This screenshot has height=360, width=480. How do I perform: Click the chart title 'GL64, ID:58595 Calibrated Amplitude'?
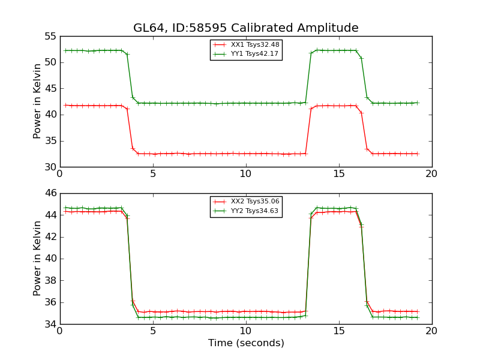pyautogui.click(x=246, y=28)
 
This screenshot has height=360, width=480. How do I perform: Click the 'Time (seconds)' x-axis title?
pyautogui.click(x=246, y=343)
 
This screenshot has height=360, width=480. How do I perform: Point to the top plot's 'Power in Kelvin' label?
pyautogui.click(x=38, y=101)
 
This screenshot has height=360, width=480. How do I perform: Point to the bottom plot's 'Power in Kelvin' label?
pyautogui.click(x=38, y=259)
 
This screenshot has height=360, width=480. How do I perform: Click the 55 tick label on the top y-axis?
pyautogui.click(x=50, y=36)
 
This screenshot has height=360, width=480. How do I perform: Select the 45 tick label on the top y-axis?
pyautogui.click(x=50, y=88)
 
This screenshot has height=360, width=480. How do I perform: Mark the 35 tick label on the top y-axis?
pyautogui.click(x=50, y=141)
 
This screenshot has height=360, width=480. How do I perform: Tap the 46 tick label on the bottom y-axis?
pyautogui.click(x=50, y=193)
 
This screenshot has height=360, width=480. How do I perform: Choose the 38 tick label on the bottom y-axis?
pyautogui.click(x=50, y=280)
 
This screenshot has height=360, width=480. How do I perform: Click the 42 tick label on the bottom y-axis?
pyautogui.click(x=50, y=237)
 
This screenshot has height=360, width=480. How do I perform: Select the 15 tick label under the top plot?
pyautogui.click(x=339, y=174)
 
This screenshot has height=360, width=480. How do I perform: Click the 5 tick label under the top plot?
pyautogui.click(x=153, y=174)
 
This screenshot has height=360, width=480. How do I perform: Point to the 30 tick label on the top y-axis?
pyautogui.click(x=50, y=167)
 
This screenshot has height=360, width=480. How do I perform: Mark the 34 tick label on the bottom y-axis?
pyautogui.click(x=50, y=324)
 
